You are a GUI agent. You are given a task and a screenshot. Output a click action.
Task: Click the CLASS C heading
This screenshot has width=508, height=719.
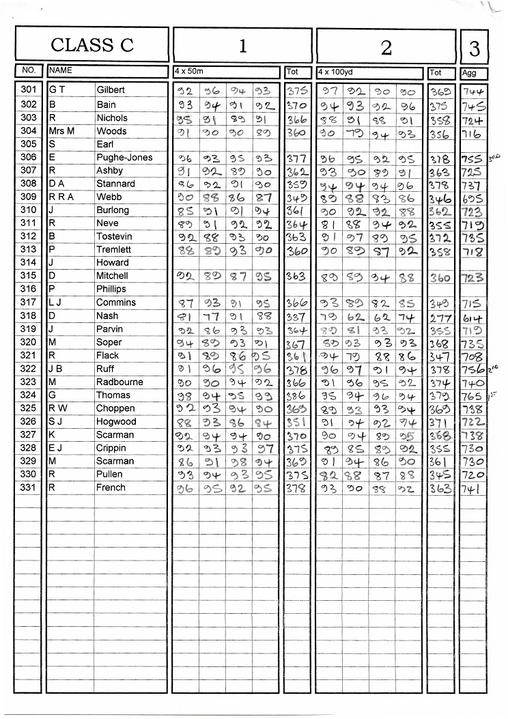point(92,45)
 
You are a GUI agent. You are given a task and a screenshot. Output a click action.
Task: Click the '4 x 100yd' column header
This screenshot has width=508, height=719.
point(333,71)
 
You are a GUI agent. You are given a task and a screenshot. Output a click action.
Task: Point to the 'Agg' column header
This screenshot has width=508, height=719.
point(469,72)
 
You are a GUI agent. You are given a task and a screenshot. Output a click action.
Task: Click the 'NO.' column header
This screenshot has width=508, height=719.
point(29,70)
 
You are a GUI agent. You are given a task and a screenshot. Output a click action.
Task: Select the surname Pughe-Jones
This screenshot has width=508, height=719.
point(124,157)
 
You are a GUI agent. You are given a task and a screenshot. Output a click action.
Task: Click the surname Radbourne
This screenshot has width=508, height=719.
point(119,382)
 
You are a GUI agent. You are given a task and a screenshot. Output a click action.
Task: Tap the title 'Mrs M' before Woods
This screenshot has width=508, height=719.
point(61,130)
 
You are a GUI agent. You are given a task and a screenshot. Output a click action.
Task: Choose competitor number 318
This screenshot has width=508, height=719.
point(29,315)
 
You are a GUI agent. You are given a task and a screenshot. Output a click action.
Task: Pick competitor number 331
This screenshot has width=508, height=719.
point(29,488)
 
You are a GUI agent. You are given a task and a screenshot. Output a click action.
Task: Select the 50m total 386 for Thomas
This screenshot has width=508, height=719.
point(297,395)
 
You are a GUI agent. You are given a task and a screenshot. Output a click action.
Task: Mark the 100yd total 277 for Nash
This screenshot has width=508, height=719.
point(439,317)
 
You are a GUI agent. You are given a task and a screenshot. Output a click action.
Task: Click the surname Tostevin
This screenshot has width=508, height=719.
point(114,236)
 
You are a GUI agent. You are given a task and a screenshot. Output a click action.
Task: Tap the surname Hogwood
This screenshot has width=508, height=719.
point(116,421)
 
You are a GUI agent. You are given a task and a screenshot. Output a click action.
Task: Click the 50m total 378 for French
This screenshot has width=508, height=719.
point(297,488)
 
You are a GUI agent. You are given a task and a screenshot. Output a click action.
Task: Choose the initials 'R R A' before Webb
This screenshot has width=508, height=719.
point(61,197)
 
